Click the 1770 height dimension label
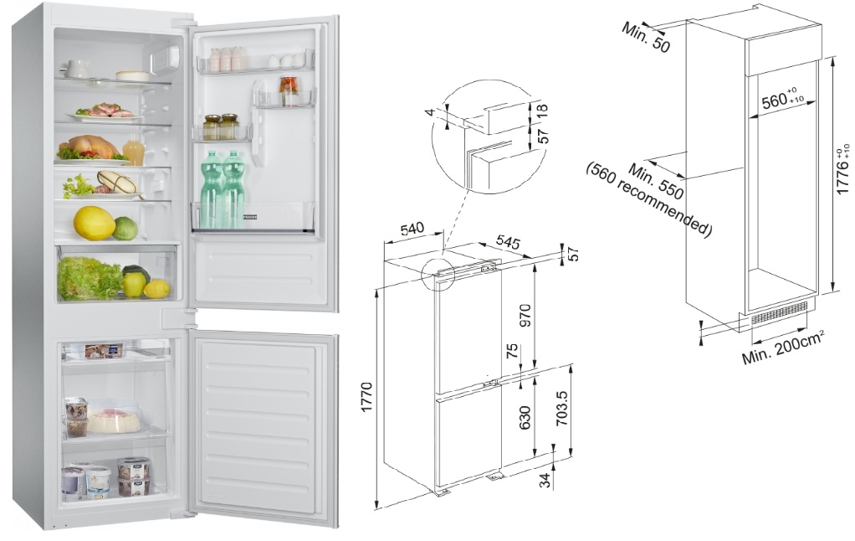pos(366,397)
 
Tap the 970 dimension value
pos(525,317)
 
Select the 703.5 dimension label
pos(561,408)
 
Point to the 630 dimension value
pos(525,418)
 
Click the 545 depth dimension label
pos(508,242)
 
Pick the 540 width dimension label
pos(412,228)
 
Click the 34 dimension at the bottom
pos(545,481)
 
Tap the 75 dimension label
pos(512,351)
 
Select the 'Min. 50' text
pos(646,38)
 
